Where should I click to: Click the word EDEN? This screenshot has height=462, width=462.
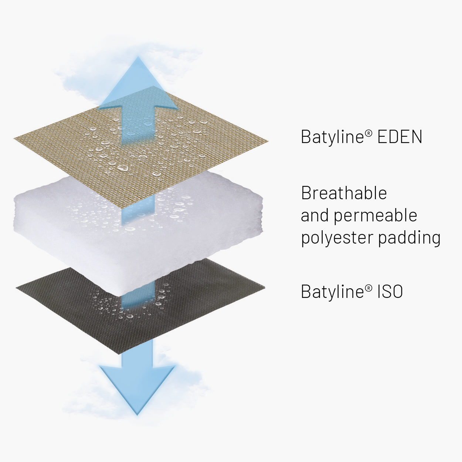400,137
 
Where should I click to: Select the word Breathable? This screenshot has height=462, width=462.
344,193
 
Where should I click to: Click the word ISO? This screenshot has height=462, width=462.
390,291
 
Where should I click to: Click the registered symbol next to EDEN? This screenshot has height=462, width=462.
369,133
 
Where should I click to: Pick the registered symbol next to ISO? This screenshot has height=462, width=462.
369,288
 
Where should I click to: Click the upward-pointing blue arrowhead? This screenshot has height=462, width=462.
138,83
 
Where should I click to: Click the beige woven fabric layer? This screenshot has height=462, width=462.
141,146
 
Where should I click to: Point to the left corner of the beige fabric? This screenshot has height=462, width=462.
14,138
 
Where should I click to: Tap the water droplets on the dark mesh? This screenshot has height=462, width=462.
131,302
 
